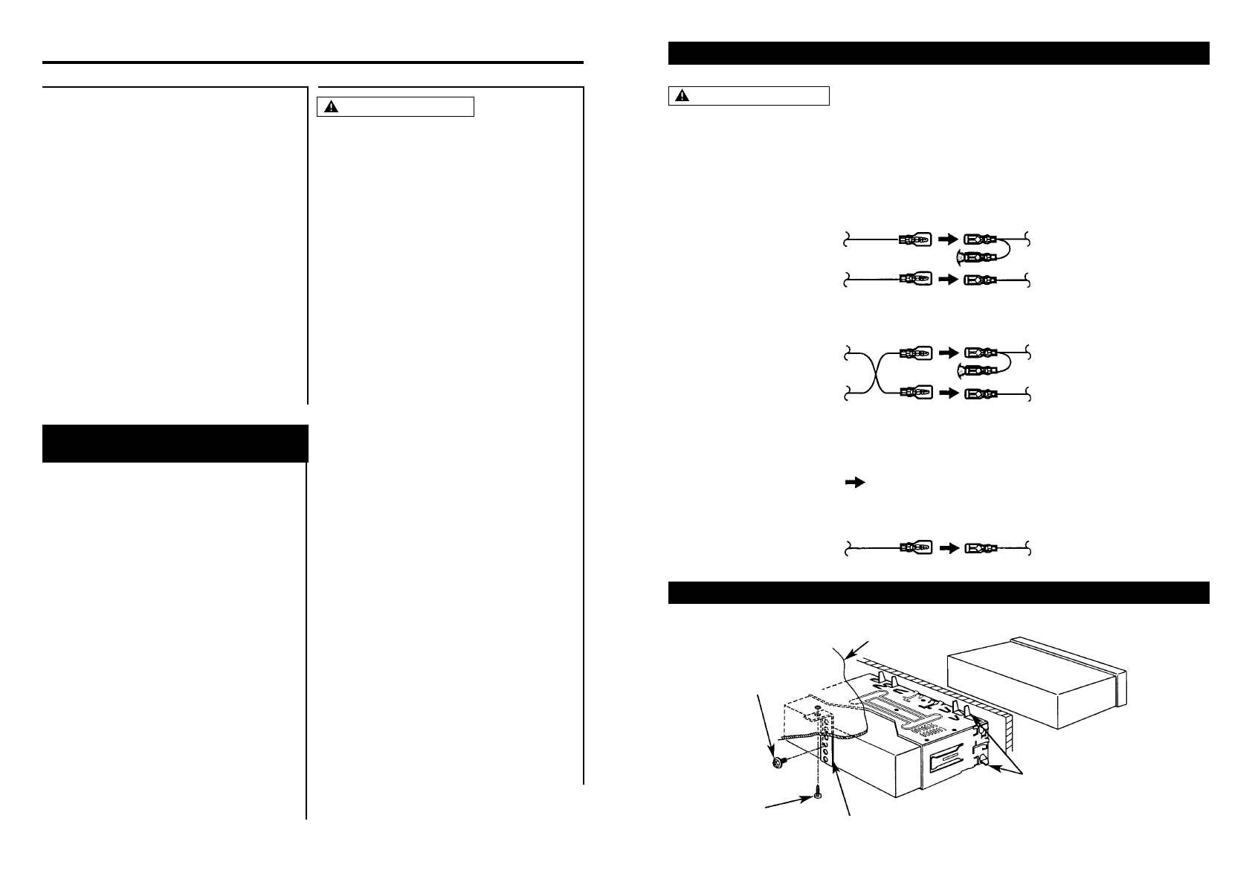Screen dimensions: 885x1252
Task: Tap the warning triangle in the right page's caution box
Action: (x=683, y=96)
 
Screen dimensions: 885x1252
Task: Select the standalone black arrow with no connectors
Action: (x=855, y=483)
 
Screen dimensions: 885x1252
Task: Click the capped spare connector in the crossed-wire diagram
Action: (x=981, y=370)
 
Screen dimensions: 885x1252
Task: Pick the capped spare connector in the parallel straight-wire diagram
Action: (x=981, y=257)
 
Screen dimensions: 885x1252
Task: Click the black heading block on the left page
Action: (x=175, y=443)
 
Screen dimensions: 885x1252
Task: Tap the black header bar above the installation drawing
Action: (x=938, y=593)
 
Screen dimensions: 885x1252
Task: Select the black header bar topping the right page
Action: (x=938, y=54)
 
